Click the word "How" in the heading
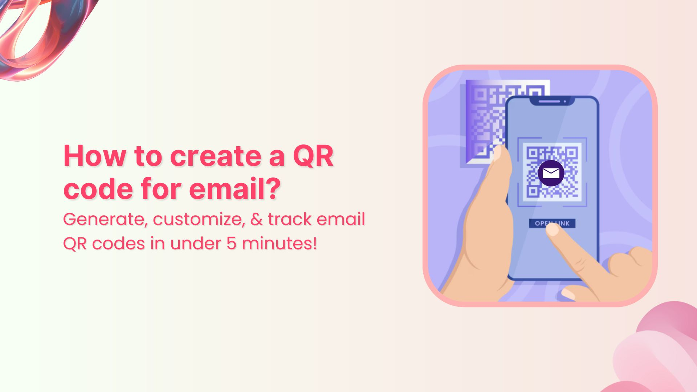(x=95, y=156)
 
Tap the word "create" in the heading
(x=216, y=156)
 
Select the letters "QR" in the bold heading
(x=313, y=156)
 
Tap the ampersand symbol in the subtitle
(x=256, y=219)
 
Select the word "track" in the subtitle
(x=290, y=219)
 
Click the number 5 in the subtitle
(x=231, y=244)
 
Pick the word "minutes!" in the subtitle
(x=279, y=244)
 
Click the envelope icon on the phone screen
(x=551, y=173)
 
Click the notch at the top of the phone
(x=552, y=101)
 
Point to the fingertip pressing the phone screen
(x=553, y=230)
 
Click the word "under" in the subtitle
(x=195, y=244)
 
